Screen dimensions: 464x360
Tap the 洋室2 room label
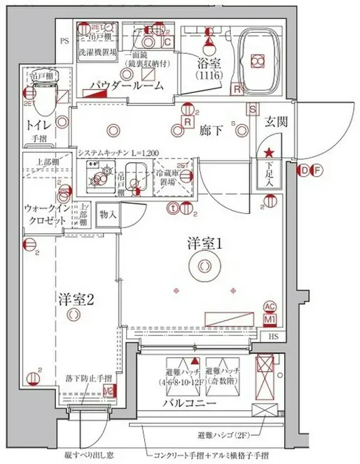click(x=77, y=299)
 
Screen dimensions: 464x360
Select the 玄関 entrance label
click(x=275, y=122)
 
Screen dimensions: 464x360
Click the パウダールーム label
click(x=126, y=85)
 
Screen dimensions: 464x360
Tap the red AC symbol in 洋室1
click(x=270, y=307)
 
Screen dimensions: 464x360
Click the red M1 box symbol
click(x=270, y=320)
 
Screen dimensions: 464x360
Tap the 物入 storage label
click(x=108, y=214)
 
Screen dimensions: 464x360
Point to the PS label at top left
click(x=63, y=42)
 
